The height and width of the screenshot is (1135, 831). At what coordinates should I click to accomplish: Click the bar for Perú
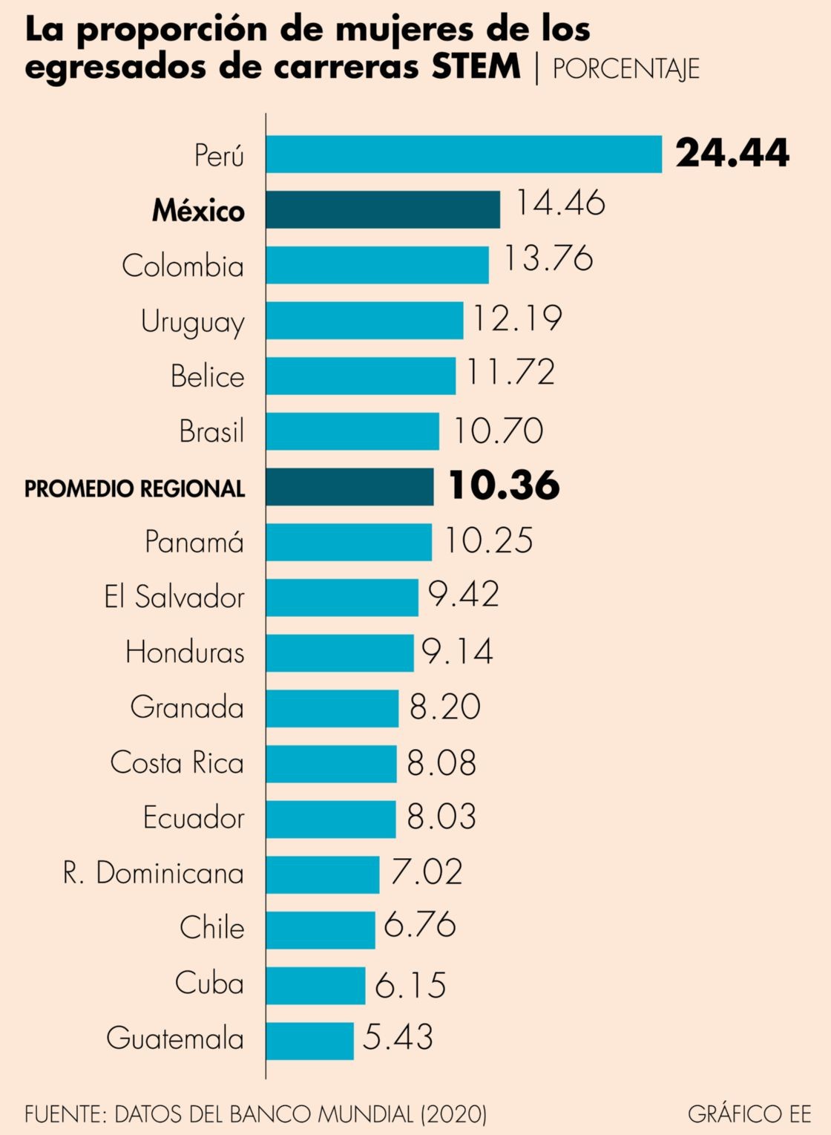pos(464,154)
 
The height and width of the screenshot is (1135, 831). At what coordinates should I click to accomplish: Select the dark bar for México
pos(383,209)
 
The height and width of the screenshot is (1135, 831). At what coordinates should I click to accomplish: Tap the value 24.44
pos(732,153)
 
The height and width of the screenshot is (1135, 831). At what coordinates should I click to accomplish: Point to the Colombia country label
pos(183,266)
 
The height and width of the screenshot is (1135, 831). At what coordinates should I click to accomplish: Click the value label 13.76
pos(548,258)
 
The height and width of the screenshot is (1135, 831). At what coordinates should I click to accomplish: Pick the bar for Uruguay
pos(364,320)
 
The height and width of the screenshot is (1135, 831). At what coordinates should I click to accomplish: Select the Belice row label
pos(207,376)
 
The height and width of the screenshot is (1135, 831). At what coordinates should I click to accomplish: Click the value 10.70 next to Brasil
pos(498,431)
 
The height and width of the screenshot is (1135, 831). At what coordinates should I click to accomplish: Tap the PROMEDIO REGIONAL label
pos(134,488)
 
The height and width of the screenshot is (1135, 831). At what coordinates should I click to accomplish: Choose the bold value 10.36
pos(504,485)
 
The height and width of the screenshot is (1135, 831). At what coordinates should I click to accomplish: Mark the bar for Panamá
pos(349,542)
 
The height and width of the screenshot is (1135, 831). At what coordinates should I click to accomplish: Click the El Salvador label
pos(174,597)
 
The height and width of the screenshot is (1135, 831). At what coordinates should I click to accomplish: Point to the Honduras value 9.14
pos(457,651)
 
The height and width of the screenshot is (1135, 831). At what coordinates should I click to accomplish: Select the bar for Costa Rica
pos(331,763)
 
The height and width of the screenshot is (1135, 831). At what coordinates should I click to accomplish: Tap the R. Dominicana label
pos(154,873)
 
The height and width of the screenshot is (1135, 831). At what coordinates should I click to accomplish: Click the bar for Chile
pos(321,929)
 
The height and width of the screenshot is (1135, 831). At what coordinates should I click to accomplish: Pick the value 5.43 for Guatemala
pos(398,1037)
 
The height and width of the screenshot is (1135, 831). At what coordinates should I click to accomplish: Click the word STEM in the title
pos(476,66)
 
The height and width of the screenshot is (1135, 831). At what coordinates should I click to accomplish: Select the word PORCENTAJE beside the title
pos(625,68)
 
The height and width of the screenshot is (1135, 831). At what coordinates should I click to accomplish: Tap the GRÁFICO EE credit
pos(749,1113)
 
